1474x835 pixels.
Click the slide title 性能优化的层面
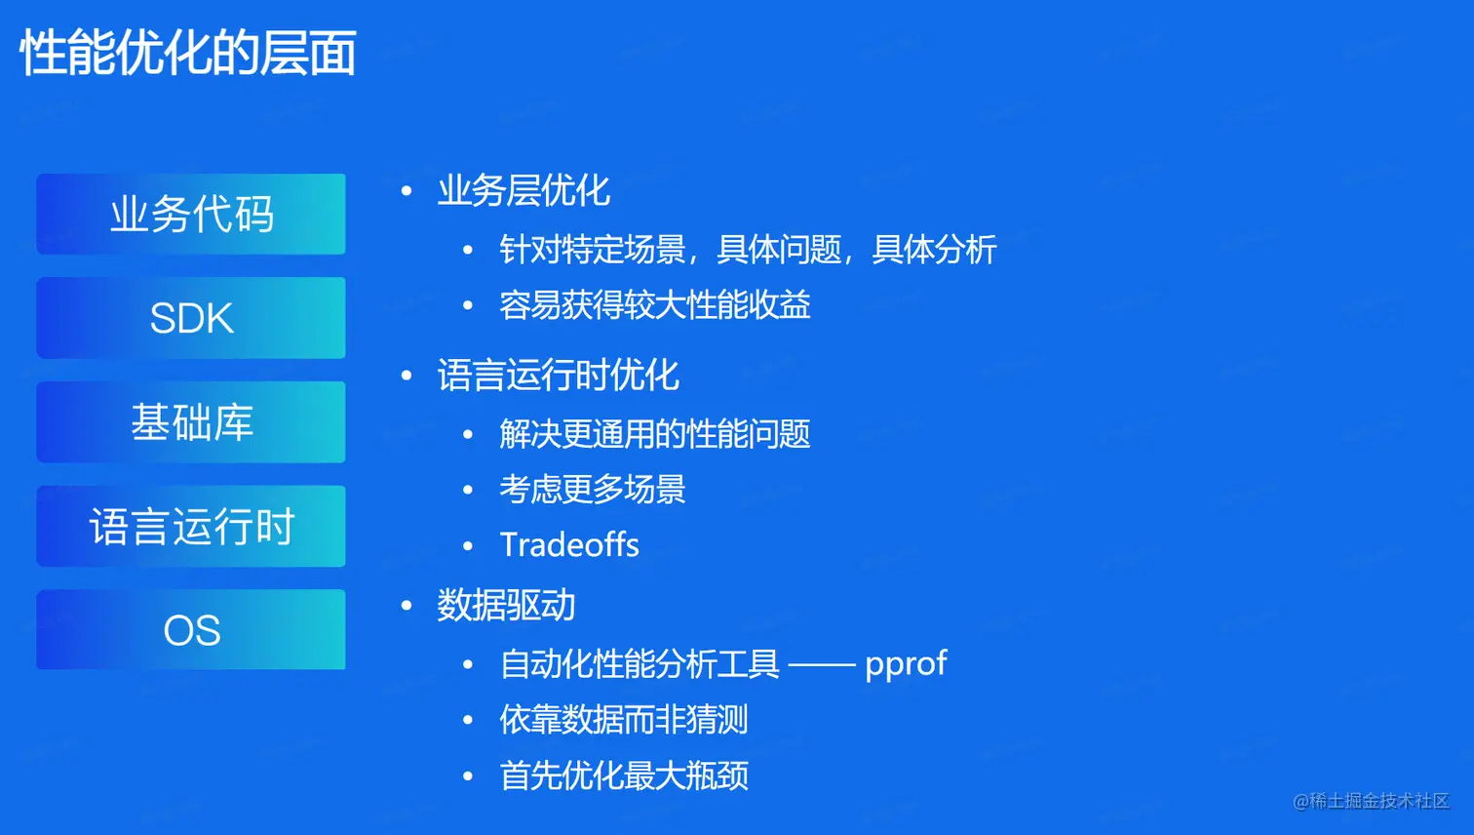188,53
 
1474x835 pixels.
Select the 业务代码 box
191,214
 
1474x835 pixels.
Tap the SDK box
191,318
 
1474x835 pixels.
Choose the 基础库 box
191,422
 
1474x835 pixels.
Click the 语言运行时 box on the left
191,526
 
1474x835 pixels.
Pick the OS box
191,629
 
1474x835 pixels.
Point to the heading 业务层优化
524,191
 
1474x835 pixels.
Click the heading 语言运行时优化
558,376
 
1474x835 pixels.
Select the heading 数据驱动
506,605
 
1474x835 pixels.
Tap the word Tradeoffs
569,544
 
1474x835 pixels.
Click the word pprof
906,664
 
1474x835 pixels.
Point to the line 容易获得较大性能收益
655,305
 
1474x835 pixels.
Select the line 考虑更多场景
593,490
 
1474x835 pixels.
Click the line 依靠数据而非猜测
624,719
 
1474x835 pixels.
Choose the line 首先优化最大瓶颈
624,775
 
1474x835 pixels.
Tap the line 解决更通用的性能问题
655,434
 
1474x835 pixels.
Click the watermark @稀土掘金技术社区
1372,801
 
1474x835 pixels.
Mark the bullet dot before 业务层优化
407,191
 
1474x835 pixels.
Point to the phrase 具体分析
934,250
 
